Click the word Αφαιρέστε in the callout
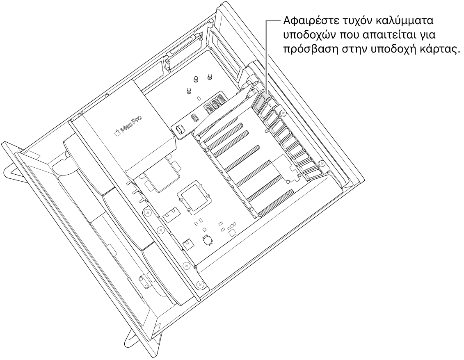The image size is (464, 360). tap(301, 21)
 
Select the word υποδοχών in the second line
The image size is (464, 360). tap(299, 35)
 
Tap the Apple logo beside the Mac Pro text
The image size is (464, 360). tap(117, 133)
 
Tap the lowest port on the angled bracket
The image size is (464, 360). tap(179, 129)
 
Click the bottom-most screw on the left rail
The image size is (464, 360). tap(200, 283)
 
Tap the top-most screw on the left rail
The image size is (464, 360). tap(147, 212)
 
